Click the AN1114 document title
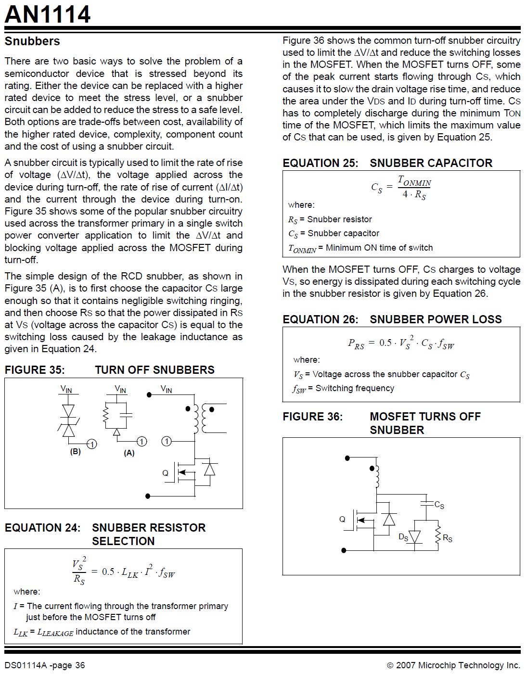click(48, 14)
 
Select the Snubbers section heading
click(32, 41)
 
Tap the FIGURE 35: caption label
click(35, 370)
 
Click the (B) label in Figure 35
click(76, 452)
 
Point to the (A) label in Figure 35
click(129, 453)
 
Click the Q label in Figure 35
click(166, 473)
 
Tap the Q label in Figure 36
click(342, 519)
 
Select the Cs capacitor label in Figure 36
click(439, 505)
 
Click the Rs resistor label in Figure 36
click(448, 538)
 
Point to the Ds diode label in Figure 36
click(403, 537)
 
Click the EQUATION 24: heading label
click(42, 528)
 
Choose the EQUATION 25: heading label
click(321, 163)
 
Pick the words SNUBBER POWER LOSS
click(436, 319)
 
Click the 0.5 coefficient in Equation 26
click(385, 343)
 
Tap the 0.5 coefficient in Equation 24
click(108, 572)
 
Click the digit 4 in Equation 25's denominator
click(405, 194)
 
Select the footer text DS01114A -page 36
click(45, 665)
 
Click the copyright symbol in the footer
click(390, 665)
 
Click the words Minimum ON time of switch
click(379, 248)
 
